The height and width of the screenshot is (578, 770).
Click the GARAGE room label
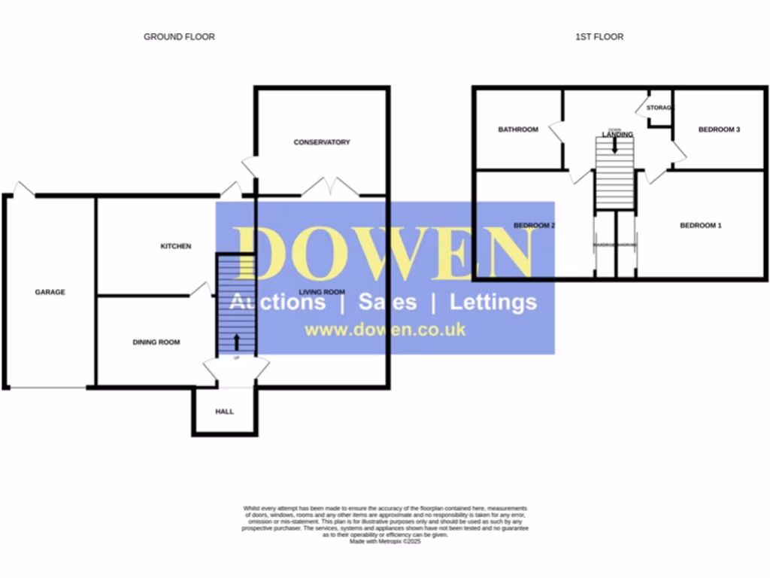50,292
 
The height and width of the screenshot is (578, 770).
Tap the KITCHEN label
175,246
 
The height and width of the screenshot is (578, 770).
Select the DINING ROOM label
156,342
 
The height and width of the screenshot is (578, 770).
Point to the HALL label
224,412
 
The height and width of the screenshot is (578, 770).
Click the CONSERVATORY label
322,142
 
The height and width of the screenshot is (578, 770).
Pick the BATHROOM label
518,129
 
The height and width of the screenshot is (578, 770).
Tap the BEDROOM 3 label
719,129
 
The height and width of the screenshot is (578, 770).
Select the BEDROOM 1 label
701,225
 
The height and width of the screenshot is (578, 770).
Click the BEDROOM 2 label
534,225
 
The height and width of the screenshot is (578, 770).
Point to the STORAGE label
659,108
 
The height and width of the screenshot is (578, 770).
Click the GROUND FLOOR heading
179,37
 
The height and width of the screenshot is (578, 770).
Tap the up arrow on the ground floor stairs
237,341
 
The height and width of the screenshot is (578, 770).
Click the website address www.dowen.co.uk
384,330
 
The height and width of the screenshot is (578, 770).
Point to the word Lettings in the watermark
493,302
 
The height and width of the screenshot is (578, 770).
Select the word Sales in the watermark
387,302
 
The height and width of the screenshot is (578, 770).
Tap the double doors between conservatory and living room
331,187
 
